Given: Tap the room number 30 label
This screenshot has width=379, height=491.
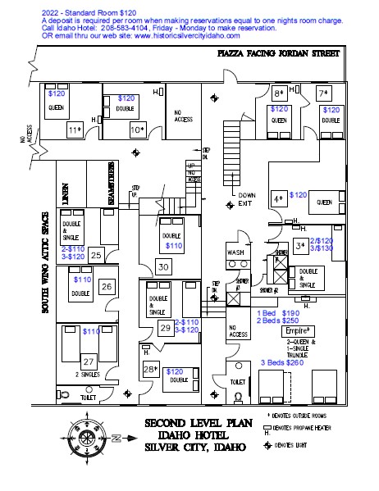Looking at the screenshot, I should pyautogui.click(x=163, y=267).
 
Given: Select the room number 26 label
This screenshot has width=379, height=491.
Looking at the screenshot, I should pyautogui.click(x=106, y=287).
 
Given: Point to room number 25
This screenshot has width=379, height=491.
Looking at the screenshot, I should pyautogui.click(x=96, y=255).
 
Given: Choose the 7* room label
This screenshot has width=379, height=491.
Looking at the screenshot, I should pyautogui.click(x=324, y=93).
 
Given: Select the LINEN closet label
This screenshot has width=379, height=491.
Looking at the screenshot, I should pyautogui.click(x=64, y=196).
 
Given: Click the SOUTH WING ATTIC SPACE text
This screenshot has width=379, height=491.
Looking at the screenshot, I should pyautogui.click(x=46, y=262).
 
